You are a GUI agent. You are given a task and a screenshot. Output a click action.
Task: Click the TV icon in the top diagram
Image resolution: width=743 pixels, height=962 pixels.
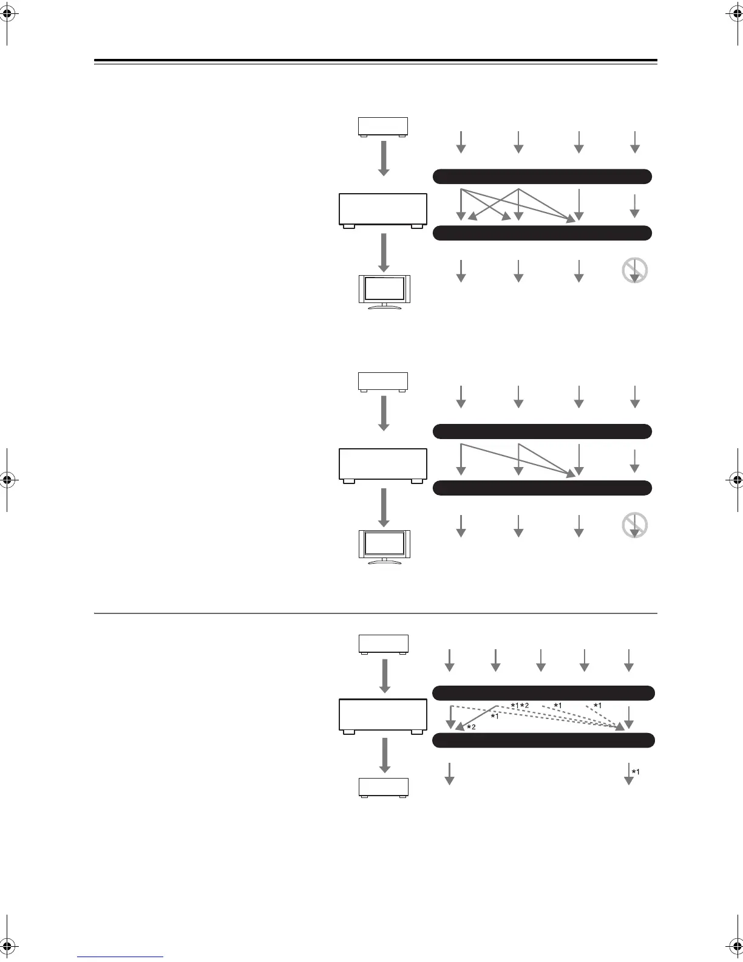tap(384, 292)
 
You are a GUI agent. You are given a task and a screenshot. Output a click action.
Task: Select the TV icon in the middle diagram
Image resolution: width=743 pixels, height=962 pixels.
tap(384, 547)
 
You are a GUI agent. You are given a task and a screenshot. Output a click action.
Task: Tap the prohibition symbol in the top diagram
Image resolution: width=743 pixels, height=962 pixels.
tap(635, 271)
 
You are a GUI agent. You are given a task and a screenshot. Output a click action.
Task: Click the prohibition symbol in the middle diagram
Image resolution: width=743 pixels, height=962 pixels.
tap(635, 526)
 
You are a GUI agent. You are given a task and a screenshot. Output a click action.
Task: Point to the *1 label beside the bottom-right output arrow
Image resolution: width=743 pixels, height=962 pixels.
tap(636, 772)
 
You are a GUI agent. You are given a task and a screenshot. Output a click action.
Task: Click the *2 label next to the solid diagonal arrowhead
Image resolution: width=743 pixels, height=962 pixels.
tap(471, 727)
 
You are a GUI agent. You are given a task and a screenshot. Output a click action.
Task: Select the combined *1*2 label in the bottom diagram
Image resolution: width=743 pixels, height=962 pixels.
tap(520, 705)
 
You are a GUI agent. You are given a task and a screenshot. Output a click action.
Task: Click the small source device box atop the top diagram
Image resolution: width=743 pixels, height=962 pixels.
tap(383, 127)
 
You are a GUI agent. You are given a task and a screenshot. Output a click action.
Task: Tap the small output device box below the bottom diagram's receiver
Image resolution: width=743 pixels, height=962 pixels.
tap(384, 787)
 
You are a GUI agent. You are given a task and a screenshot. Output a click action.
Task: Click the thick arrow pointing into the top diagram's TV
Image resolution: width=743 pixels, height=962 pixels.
tap(383, 253)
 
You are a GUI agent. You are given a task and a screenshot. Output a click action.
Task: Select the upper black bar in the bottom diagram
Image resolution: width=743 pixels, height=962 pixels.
tap(543, 693)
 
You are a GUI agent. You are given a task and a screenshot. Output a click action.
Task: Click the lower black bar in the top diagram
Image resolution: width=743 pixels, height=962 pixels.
tap(542, 233)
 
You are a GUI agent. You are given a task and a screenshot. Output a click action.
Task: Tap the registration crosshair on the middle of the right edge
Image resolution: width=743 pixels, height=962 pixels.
tap(735, 480)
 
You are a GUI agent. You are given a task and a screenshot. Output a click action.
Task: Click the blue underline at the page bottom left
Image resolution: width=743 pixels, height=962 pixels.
tap(121, 957)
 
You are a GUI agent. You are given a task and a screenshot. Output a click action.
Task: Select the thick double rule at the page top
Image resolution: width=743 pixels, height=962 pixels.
tap(376, 61)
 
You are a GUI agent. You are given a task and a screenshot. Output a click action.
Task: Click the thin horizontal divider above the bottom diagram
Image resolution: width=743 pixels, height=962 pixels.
tap(376, 613)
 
